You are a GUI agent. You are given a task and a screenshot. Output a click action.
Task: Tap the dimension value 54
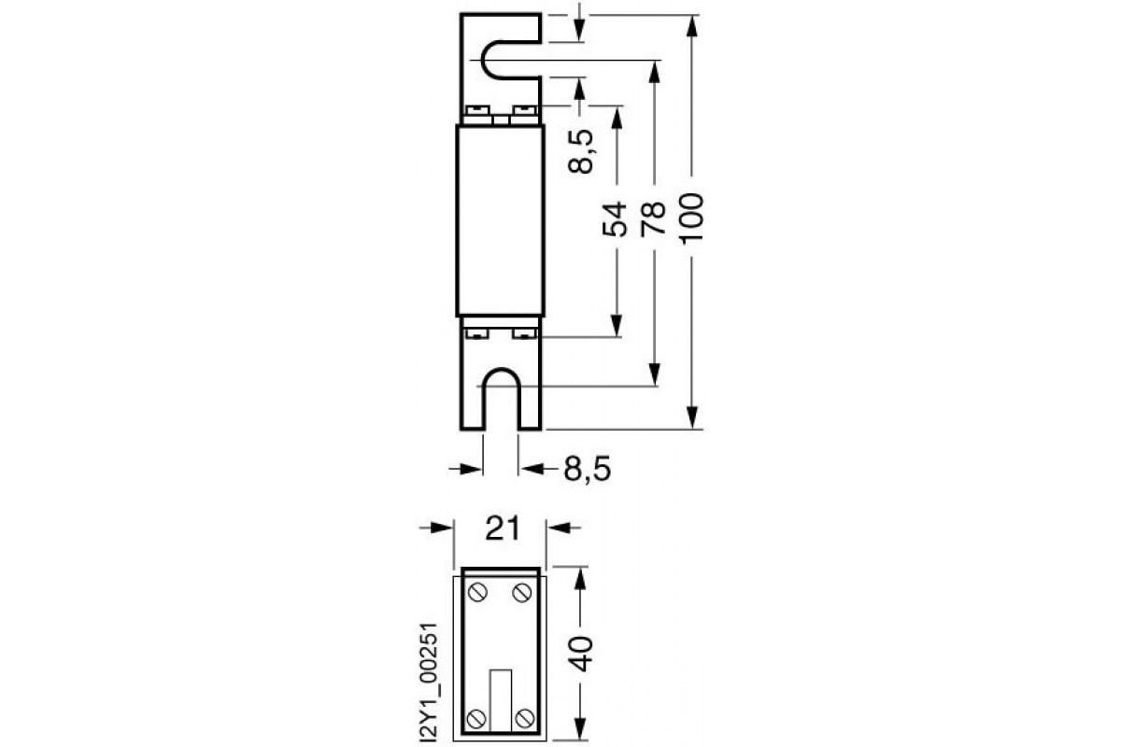[x=615, y=222]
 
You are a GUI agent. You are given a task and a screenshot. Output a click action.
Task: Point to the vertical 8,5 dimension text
[x=581, y=151]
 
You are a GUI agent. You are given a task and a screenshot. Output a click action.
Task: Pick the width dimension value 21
[x=504, y=529]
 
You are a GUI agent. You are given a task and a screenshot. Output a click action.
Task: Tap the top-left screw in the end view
[x=477, y=591]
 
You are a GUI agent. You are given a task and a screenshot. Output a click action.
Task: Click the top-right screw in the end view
[x=521, y=591]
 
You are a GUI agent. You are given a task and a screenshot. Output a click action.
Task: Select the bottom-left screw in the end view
[x=477, y=717]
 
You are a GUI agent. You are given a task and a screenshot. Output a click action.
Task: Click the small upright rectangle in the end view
[x=501, y=697]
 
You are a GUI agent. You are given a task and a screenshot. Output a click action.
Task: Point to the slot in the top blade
[x=510, y=62]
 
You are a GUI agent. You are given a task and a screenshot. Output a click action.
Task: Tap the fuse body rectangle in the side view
[x=501, y=220]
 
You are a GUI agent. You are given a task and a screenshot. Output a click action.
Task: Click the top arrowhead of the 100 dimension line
[x=692, y=24]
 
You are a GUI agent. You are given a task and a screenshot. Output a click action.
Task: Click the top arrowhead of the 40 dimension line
[x=580, y=576]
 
